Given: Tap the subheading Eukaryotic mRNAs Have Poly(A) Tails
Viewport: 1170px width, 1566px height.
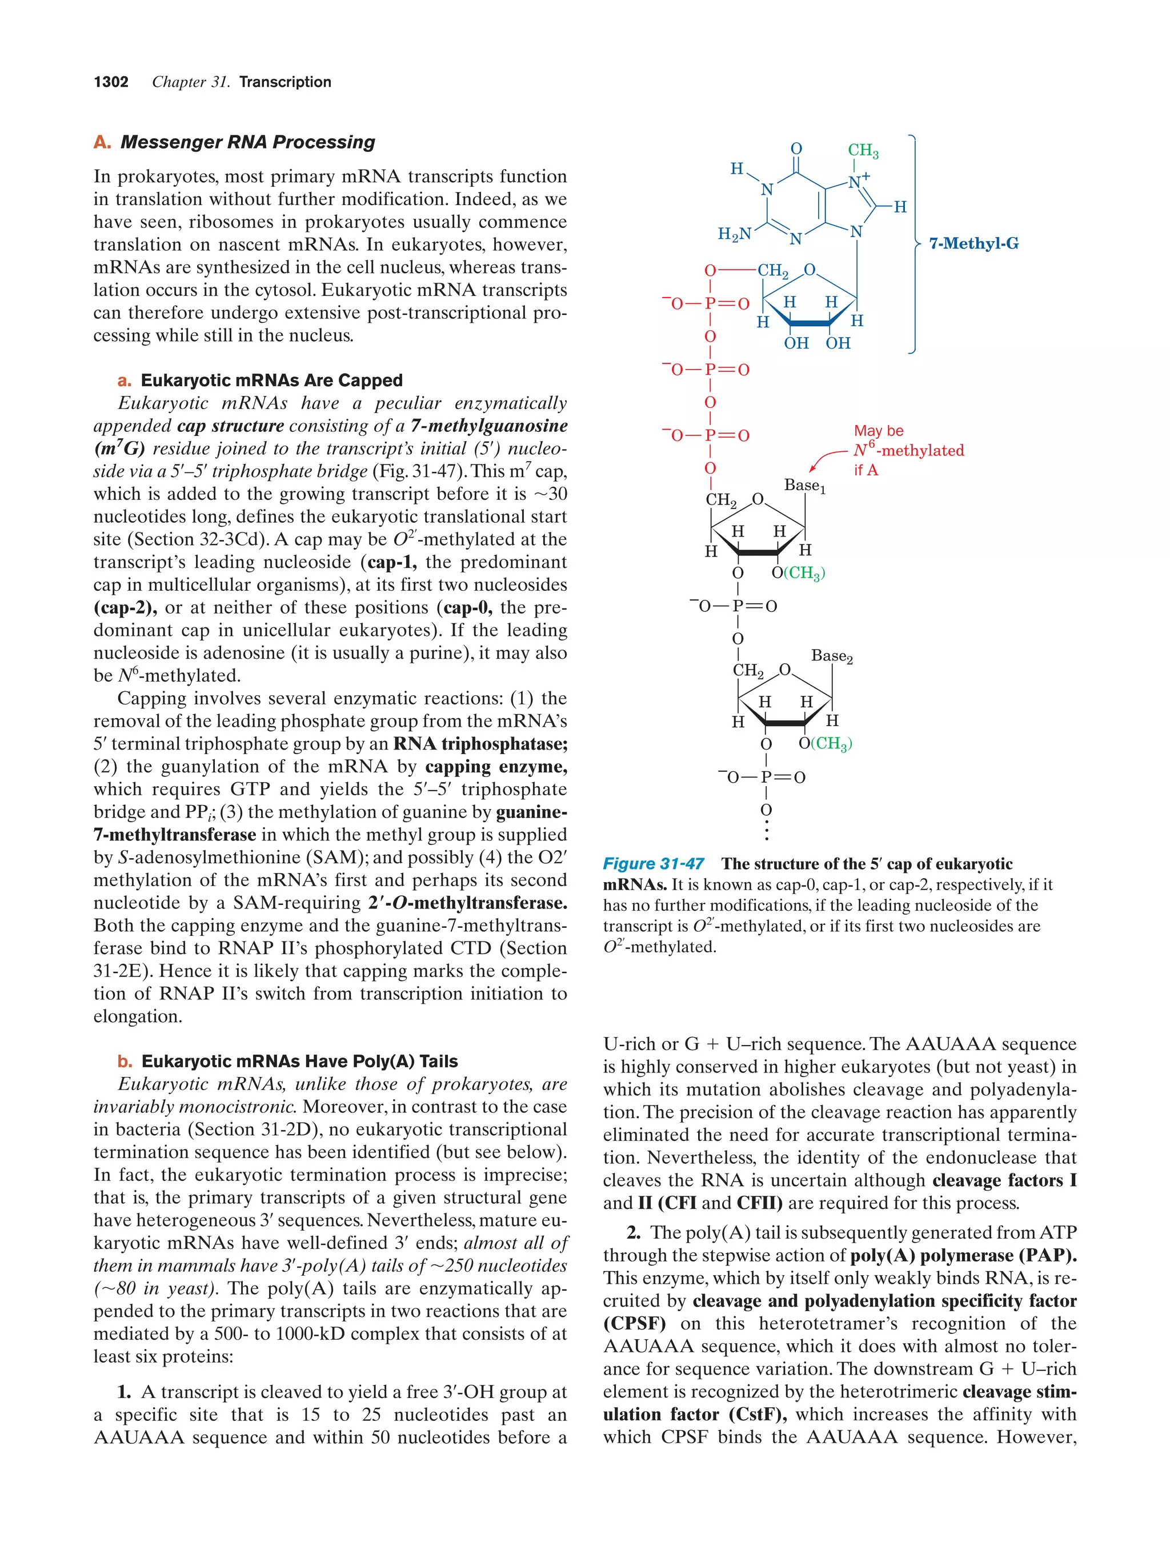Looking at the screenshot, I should pyautogui.click(x=299, y=1061).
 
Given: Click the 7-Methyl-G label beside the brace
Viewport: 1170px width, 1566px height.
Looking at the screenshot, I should pyautogui.click(x=973, y=243).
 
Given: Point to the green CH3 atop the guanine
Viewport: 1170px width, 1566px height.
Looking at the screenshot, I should pyautogui.click(x=862, y=151).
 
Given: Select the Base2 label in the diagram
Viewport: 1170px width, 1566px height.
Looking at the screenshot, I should pyautogui.click(x=831, y=656).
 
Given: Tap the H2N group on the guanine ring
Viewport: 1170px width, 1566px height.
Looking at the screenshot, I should pyautogui.click(x=734, y=234).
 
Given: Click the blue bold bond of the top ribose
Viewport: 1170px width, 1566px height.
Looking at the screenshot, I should pyautogui.click(x=811, y=323).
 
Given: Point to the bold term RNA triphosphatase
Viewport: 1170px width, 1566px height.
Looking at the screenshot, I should pyautogui.click(x=480, y=744).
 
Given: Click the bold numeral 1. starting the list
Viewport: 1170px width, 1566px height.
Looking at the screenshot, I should pyautogui.click(x=125, y=1392).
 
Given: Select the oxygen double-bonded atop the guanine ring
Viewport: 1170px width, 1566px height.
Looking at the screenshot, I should pyautogui.click(x=796, y=149).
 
